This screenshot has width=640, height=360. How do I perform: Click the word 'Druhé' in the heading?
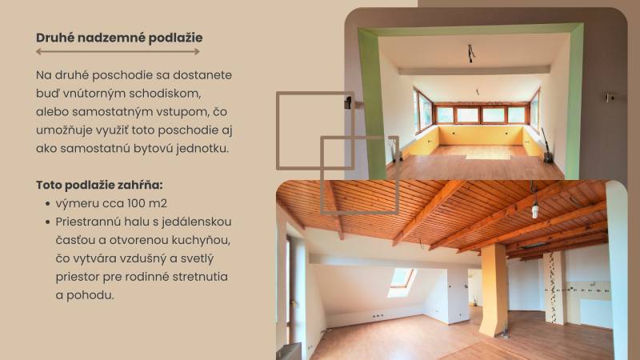(56, 37)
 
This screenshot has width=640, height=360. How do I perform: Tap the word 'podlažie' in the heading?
(175, 37)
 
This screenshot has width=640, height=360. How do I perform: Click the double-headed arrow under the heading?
(118, 51)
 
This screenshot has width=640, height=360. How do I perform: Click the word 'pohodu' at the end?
(89, 294)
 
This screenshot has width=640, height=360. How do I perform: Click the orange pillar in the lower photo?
(494, 289)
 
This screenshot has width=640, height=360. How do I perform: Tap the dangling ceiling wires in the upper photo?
(471, 54)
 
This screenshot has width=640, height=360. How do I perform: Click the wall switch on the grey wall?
(610, 98)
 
